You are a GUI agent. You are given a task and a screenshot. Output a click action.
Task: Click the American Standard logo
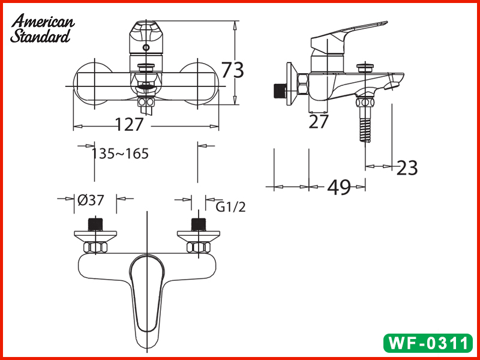coord(42,29)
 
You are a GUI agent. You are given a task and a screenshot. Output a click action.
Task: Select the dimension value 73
coord(233,70)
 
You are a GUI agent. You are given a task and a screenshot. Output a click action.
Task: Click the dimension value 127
coord(130,125)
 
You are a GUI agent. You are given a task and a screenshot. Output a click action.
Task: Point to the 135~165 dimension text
coord(120,154)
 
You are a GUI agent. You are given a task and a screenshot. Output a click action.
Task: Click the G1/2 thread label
coord(231,208)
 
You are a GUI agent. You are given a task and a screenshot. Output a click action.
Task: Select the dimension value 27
coord(319,122)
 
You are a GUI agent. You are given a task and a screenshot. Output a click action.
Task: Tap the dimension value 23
coord(407,168)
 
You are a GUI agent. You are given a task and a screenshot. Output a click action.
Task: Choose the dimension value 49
coord(339,188)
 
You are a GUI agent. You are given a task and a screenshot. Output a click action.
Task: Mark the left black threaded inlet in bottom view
coord(95,224)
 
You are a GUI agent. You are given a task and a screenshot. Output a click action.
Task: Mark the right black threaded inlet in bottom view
coord(198,224)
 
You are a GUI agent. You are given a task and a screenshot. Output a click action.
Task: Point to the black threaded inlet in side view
coord(278,90)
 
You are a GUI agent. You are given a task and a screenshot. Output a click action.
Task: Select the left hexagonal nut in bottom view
coord(95,247)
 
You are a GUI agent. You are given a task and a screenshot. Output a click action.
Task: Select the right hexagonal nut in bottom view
coord(199,247)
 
